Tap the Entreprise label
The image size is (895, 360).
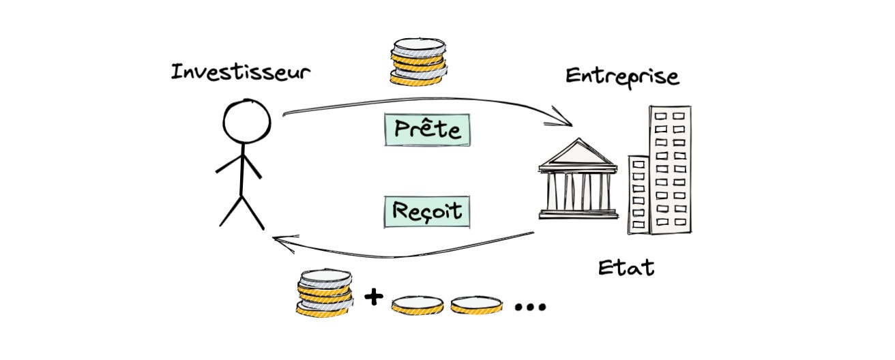tap(622, 76)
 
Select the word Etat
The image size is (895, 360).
tap(626, 267)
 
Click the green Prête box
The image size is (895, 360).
tap(427, 130)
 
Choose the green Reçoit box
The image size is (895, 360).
tap(427, 211)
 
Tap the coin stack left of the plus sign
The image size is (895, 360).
tap(325, 291)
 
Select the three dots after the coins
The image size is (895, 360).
tap(530, 307)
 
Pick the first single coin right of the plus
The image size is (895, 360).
tap(417, 304)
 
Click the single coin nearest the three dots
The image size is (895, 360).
tap(475, 304)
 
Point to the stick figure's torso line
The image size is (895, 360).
tap(242, 170)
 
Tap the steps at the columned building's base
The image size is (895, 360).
tap(577, 214)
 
